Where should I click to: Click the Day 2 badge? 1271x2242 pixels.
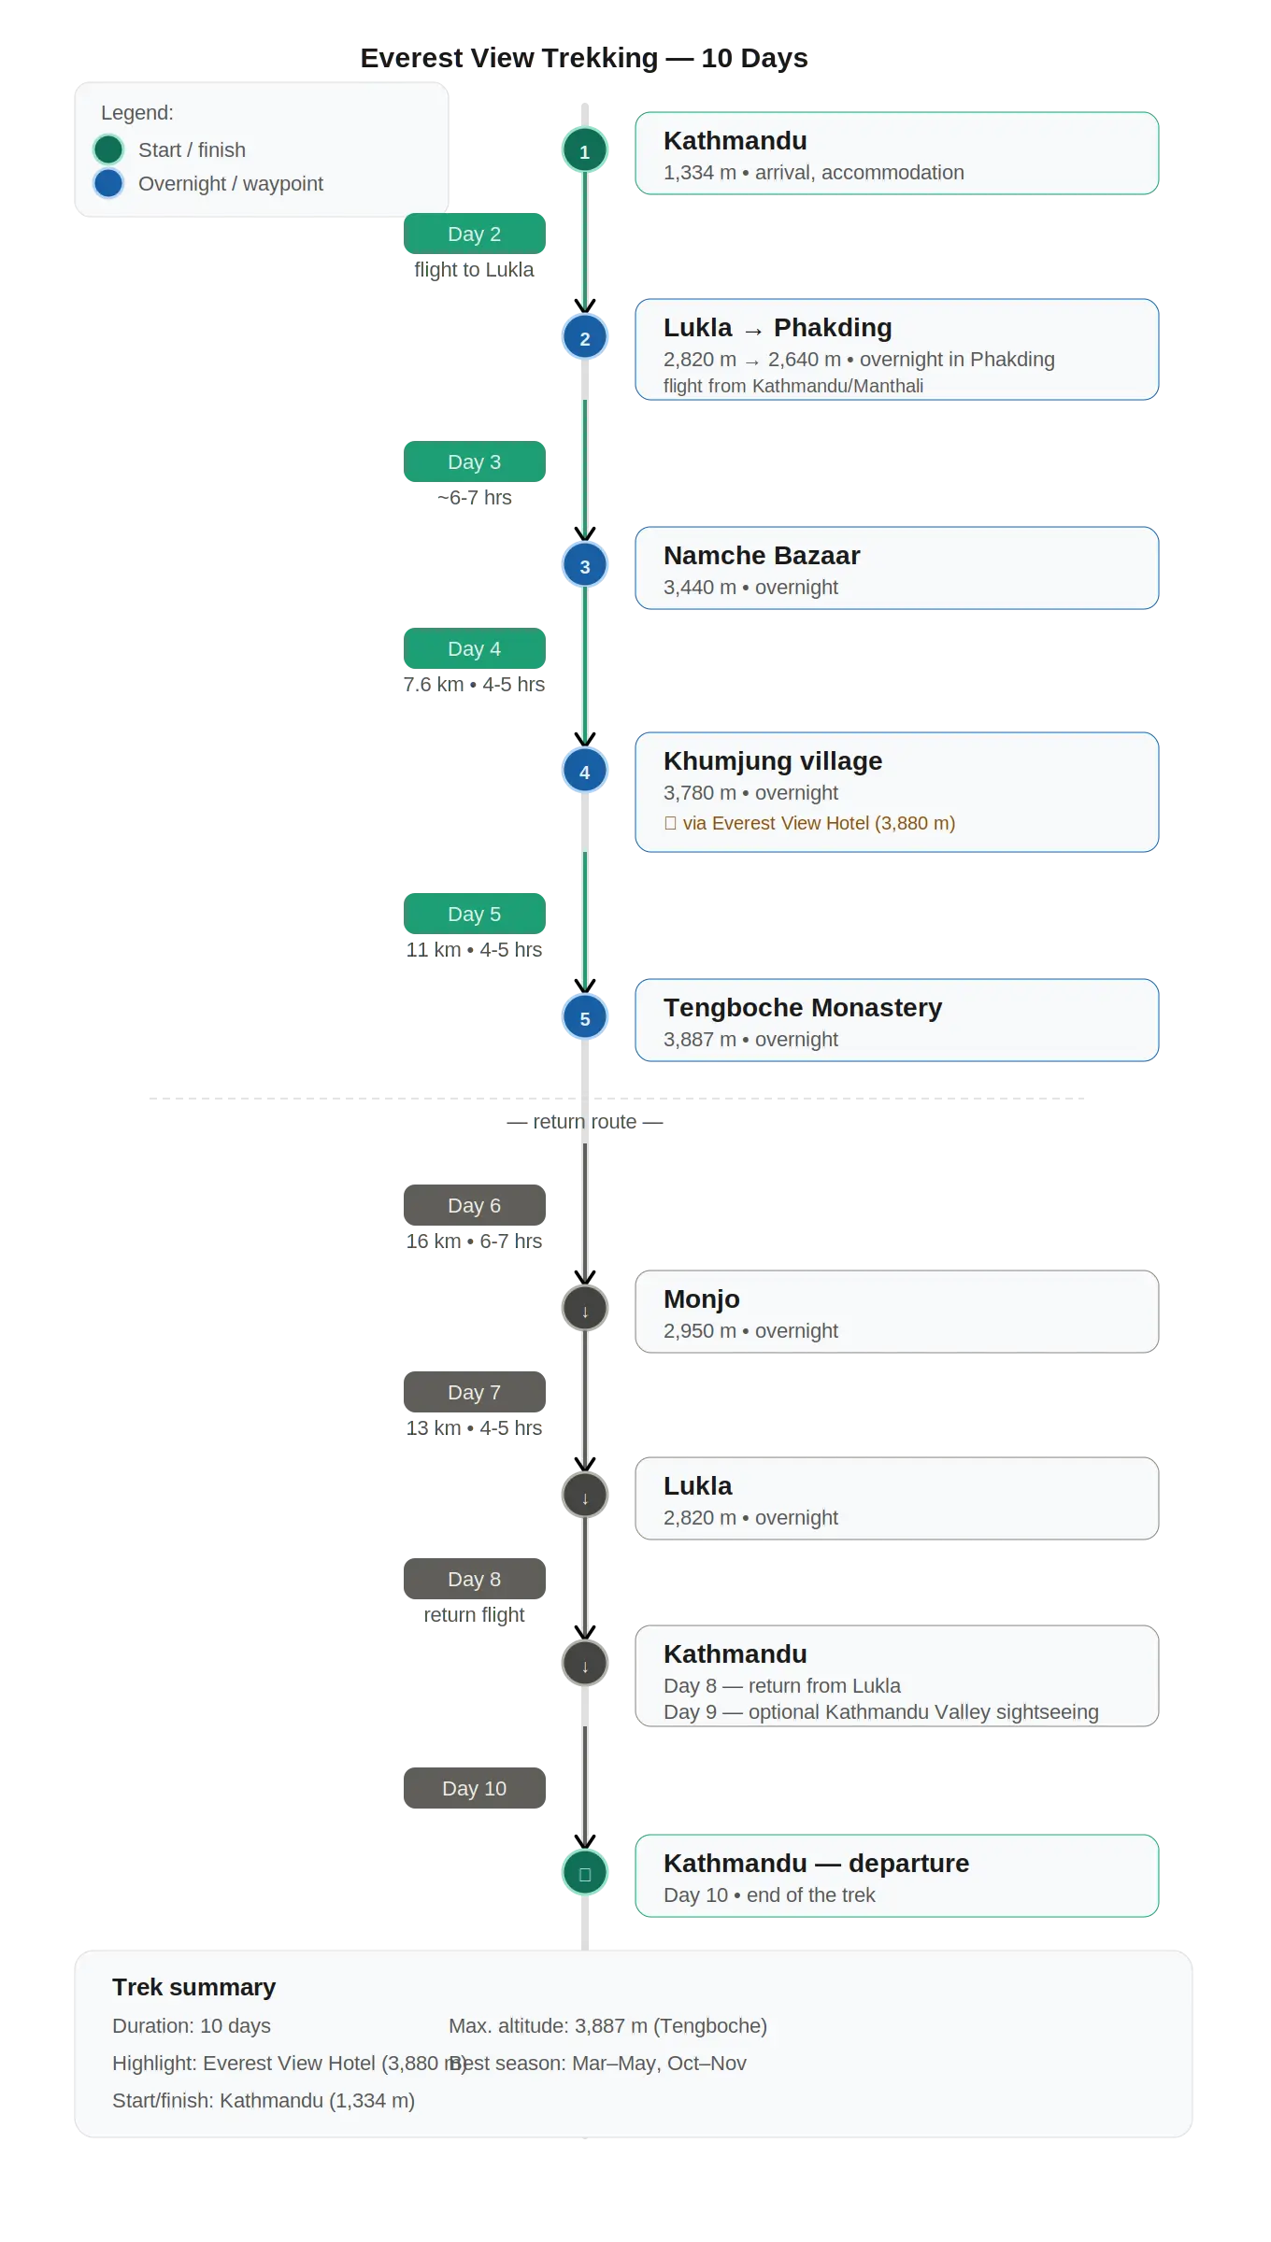(x=475, y=234)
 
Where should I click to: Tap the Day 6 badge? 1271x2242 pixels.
(x=475, y=1205)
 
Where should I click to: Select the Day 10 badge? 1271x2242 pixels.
(x=475, y=1788)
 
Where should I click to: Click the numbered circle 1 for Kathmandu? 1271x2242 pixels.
(x=585, y=149)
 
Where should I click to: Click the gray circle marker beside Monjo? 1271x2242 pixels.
(x=585, y=1308)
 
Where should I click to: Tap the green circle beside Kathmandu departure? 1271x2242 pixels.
(x=585, y=1872)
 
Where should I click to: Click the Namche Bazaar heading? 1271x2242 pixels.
(x=762, y=555)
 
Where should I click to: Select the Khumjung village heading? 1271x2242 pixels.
(x=773, y=760)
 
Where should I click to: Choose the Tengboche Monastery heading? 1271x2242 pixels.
(x=803, y=1007)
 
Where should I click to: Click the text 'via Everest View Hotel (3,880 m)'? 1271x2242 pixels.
(x=819, y=823)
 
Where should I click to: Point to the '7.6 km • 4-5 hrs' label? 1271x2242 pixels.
(x=474, y=684)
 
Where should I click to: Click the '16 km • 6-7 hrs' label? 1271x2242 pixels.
(x=474, y=1241)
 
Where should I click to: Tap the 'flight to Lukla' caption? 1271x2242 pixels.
(x=474, y=269)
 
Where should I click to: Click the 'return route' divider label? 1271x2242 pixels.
(x=585, y=1121)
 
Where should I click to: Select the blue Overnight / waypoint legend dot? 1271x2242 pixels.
(x=108, y=183)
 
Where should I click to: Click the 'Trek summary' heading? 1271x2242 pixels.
(x=194, y=1987)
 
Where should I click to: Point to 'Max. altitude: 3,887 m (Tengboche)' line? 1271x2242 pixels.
(x=607, y=2025)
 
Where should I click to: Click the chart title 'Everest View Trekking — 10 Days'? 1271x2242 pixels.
(x=584, y=58)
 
